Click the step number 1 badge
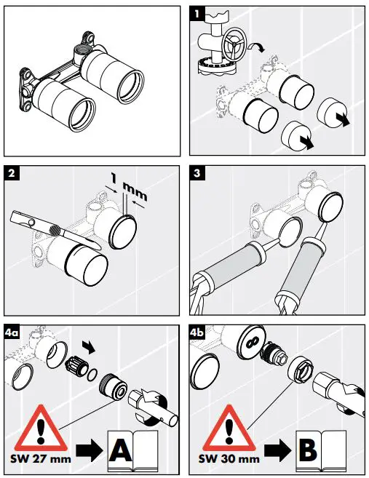(197, 13)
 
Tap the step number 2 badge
(12, 173)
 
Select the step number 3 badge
(197, 173)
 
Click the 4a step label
(12, 332)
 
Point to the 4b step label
(197, 332)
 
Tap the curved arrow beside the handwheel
(256, 47)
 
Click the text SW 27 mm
(41, 459)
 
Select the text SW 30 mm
(229, 459)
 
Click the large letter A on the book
(121, 450)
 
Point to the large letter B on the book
(308, 450)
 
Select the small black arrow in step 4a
(89, 348)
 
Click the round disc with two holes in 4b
(253, 343)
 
